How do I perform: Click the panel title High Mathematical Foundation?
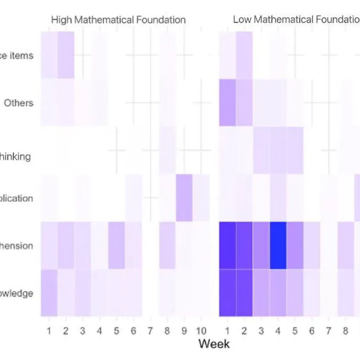[x=118, y=20]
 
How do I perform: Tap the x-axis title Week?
[x=214, y=344]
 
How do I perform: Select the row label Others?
[x=19, y=103]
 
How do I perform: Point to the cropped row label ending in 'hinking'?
[x=15, y=157]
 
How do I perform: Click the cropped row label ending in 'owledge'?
[x=16, y=293]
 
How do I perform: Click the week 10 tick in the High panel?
[x=201, y=331]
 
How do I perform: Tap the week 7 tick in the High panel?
[x=151, y=331]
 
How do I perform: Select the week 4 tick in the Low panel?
[x=278, y=331]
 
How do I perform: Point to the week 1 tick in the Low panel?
[x=227, y=331]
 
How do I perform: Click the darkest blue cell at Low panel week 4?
[x=278, y=246]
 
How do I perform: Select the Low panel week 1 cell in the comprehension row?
[x=227, y=246]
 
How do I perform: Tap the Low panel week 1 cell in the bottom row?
[x=227, y=293]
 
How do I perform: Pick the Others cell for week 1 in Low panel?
[x=227, y=103]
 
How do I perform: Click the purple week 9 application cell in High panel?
[x=184, y=198]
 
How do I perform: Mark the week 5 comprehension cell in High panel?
[x=117, y=246]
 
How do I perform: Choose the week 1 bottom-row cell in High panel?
[x=49, y=293]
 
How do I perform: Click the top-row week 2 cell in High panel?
[x=66, y=55]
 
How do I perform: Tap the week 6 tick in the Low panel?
[x=312, y=331]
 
